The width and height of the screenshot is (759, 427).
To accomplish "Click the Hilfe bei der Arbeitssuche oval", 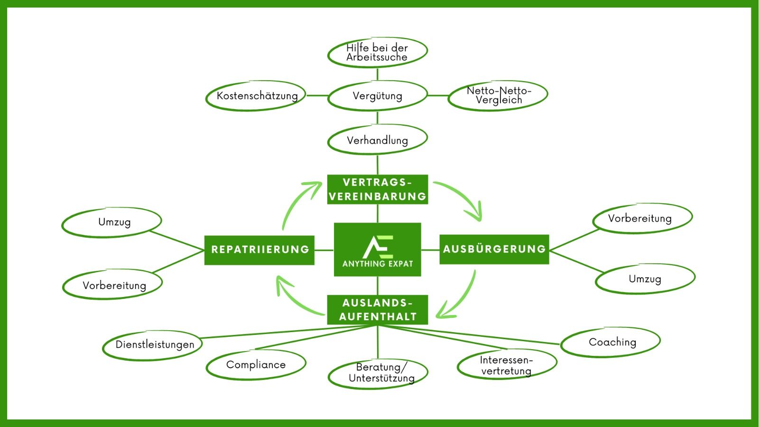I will (x=377, y=52).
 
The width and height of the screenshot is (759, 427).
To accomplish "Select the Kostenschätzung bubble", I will (x=256, y=96).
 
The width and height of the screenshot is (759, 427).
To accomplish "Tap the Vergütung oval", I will (x=377, y=96).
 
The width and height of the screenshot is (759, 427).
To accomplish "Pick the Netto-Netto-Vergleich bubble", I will (x=498, y=95).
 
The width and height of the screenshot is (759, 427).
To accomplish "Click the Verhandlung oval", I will (x=377, y=140).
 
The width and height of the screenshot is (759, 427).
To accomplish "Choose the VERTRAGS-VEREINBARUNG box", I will (x=378, y=189).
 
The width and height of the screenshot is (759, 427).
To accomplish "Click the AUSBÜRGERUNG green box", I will (x=494, y=249).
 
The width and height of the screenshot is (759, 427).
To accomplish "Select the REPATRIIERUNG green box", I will (x=259, y=250).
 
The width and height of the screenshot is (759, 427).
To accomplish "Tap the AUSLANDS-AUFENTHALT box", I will (x=378, y=310).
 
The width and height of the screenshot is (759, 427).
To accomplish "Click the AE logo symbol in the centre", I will (x=378, y=247).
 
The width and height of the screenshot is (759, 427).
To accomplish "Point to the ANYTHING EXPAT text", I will (x=378, y=264).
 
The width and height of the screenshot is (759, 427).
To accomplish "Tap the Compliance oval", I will (x=256, y=365).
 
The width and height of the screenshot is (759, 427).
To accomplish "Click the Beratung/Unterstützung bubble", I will (x=378, y=373).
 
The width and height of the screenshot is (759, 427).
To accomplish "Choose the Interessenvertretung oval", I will (x=507, y=365).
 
